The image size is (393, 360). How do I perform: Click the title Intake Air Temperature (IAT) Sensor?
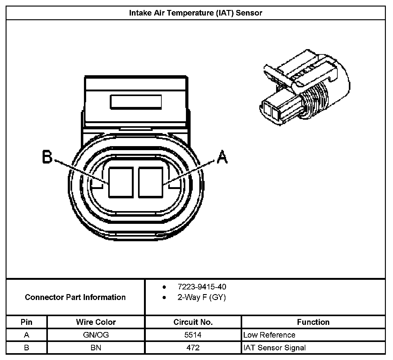coord(196,13)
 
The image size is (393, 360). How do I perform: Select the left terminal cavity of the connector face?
coord(121,182)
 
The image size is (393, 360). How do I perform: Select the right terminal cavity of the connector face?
coord(151,182)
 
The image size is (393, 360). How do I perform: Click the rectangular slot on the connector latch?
coord(136,102)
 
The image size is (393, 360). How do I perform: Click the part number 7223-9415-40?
coord(202,287)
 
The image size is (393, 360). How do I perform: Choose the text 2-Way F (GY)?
coord(201,298)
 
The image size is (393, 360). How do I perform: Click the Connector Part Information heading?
coord(75,297)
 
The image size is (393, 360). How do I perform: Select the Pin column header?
coord(26,322)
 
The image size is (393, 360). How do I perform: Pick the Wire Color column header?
coord(96,322)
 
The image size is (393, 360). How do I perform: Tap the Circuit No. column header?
coord(193,322)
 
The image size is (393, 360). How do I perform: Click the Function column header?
coord(313,322)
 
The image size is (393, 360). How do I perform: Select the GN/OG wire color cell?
coord(96,335)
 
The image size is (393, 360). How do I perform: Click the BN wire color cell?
coord(96,348)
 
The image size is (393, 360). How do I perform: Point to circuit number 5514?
coord(193,335)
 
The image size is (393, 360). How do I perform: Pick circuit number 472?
coord(193,348)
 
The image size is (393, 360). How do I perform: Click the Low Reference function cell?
coord(269,335)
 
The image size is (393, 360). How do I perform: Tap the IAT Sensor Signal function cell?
coord(275,348)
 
